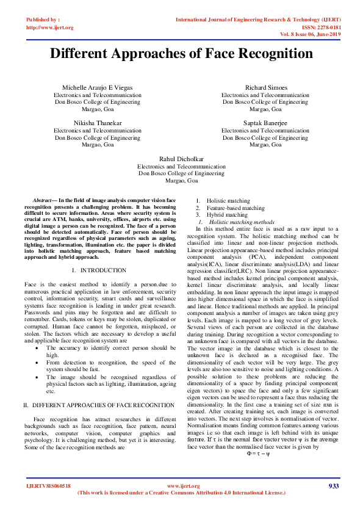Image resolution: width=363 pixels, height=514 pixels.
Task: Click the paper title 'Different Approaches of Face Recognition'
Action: [181, 53]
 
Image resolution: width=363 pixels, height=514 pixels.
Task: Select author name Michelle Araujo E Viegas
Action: [97, 88]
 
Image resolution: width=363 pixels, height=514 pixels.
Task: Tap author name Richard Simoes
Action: [265, 88]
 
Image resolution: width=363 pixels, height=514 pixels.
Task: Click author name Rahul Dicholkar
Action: [181, 158]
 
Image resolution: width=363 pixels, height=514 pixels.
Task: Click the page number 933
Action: [333, 486]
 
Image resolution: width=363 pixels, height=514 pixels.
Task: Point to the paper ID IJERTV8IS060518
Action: [49, 486]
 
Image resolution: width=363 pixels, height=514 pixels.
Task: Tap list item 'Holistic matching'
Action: [228, 201]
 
